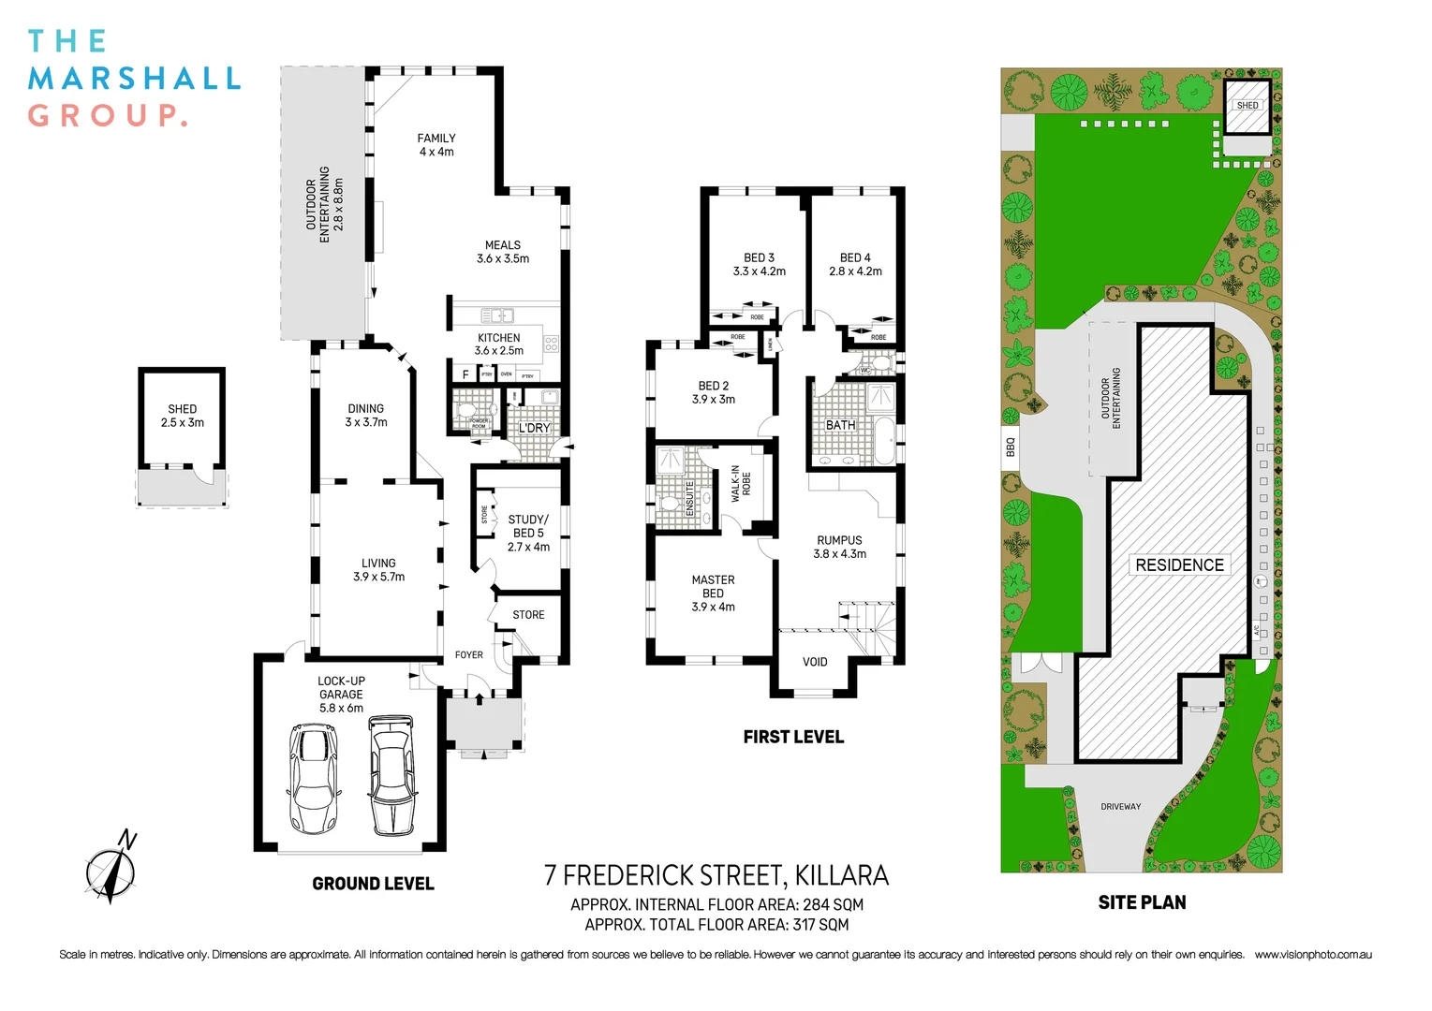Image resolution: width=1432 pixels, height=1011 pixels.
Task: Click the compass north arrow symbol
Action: tap(113, 867)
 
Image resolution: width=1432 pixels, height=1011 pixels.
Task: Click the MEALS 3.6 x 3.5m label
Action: tap(503, 252)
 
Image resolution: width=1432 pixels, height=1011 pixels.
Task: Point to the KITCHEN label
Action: tap(499, 338)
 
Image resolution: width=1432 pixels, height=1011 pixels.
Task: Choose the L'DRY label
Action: tap(535, 428)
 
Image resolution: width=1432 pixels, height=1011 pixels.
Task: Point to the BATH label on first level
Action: tap(840, 425)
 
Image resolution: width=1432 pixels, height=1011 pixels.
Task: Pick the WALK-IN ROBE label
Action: tap(741, 484)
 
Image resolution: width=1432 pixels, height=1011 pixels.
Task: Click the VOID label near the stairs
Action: tap(815, 662)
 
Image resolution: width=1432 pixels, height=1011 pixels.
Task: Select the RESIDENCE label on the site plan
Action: tap(1179, 565)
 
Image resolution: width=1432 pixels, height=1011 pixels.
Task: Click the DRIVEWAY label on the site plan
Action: tap(1121, 806)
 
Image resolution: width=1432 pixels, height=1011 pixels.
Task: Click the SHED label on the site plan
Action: tap(1247, 105)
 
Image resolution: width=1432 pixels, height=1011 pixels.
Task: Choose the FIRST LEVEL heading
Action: tap(793, 737)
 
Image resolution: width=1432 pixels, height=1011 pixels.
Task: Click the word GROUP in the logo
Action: tap(107, 116)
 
